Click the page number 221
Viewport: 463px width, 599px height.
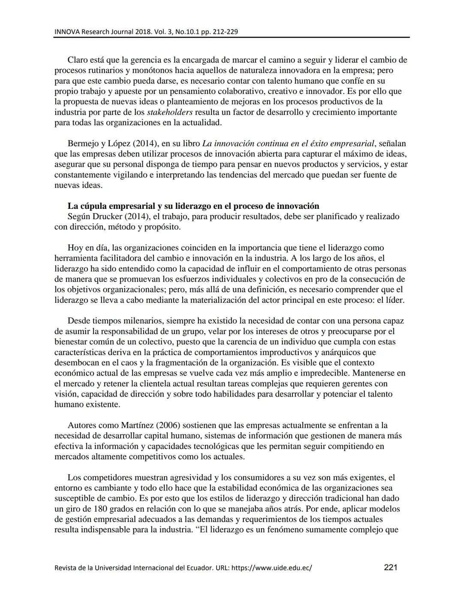coord(390,567)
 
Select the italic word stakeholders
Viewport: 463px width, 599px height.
coord(170,112)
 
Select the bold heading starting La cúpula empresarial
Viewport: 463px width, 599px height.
coord(193,206)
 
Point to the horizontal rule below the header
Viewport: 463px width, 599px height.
coord(231,38)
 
